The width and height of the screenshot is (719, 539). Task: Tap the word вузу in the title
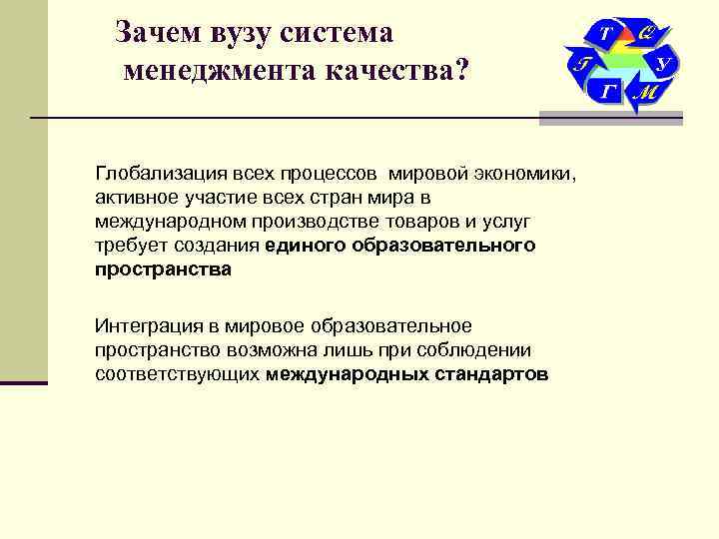tap(243, 32)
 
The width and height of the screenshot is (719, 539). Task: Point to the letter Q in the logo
tap(646, 33)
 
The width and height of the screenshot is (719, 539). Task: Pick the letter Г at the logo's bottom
tap(608, 93)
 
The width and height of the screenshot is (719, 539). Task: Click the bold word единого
tap(306, 246)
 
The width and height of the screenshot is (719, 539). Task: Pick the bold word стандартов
tap(490, 374)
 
